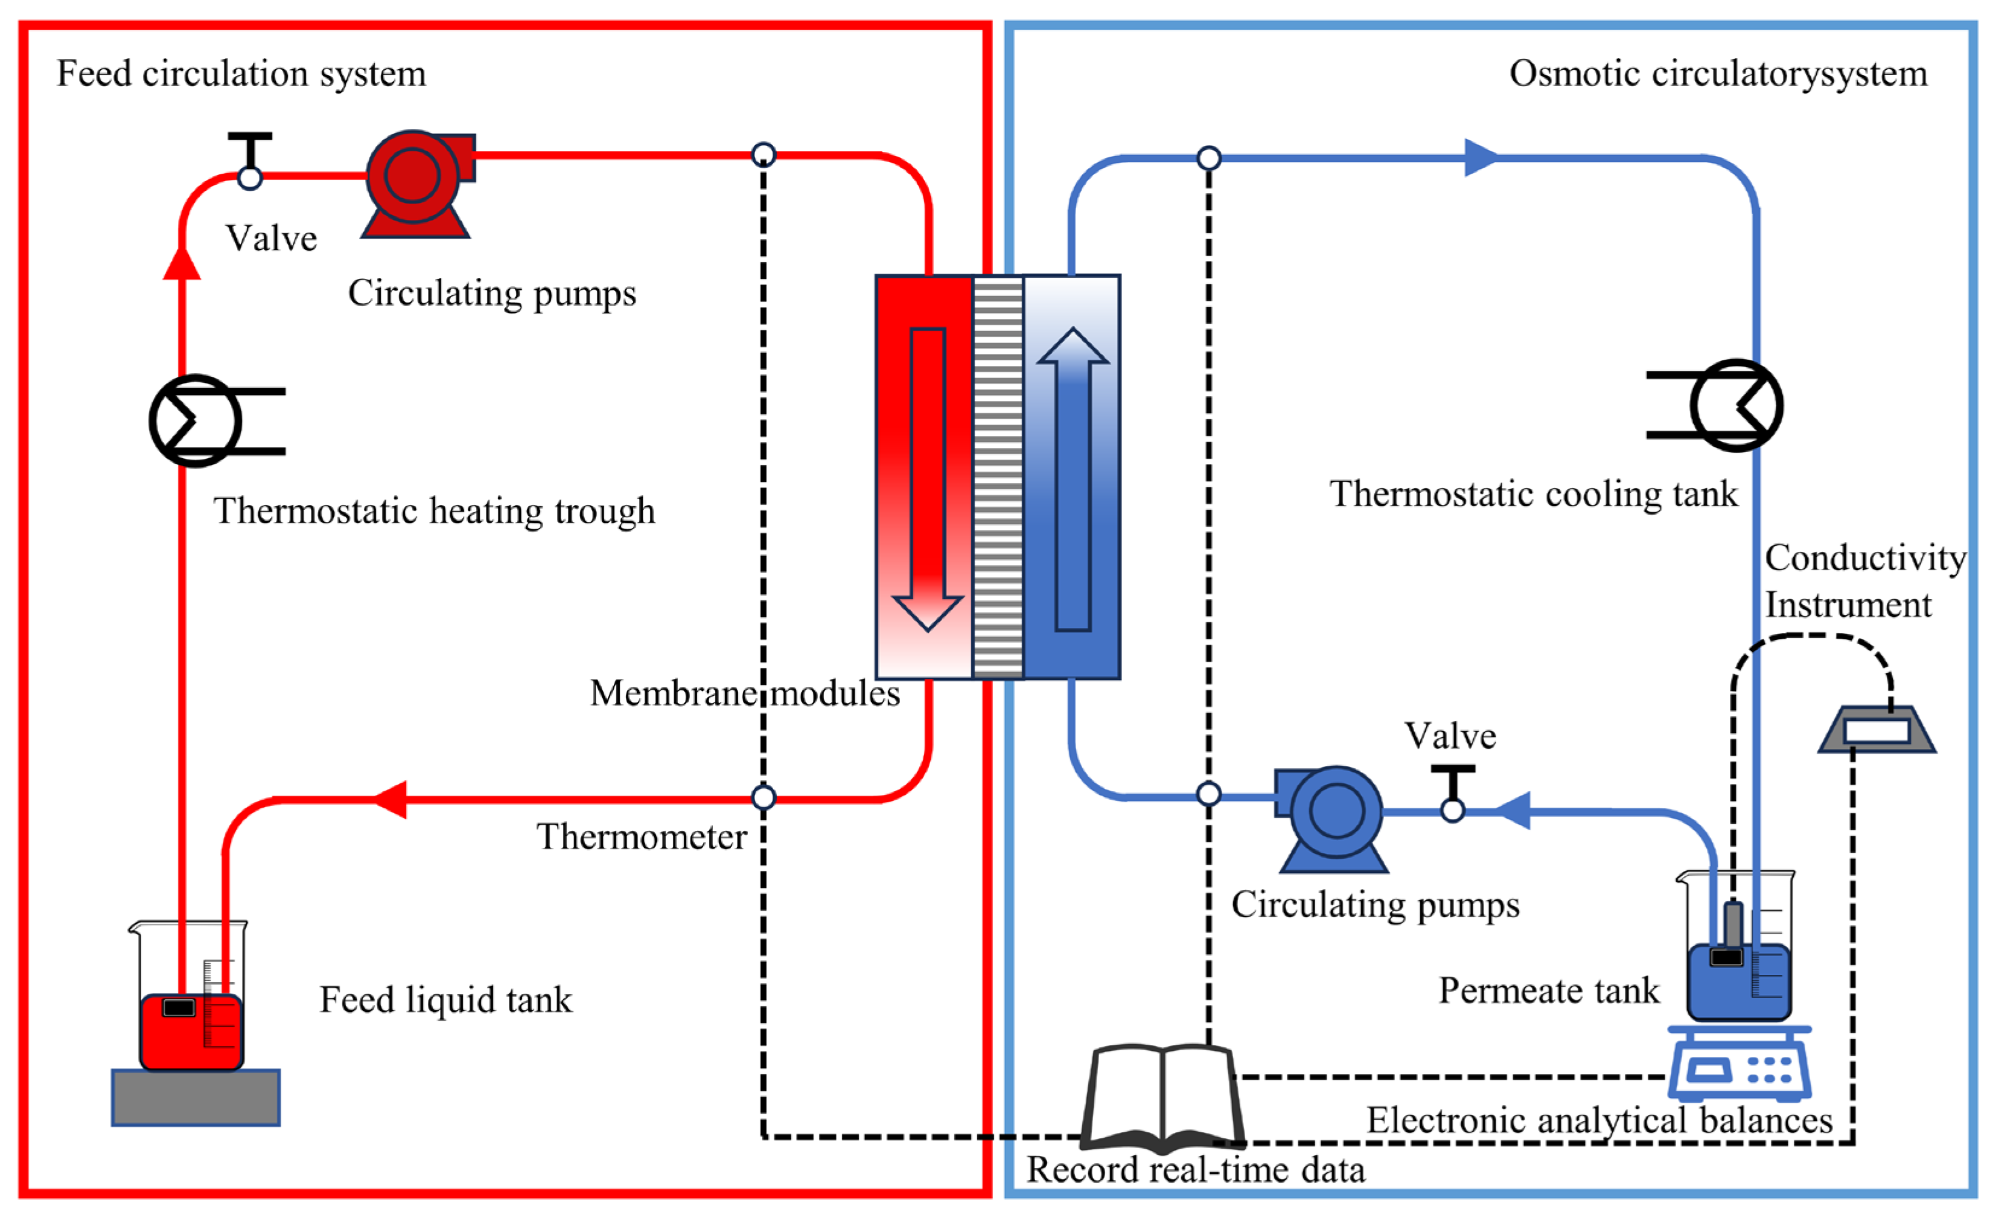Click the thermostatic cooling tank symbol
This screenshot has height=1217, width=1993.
pyautogui.click(x=1736, y=405)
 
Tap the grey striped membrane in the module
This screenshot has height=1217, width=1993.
pyautogui.click(x=998, y=477)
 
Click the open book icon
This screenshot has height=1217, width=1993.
pyautogui.click(x=1162, y=1096)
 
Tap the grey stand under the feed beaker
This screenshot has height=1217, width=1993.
pyautogui.click(x=196, y=1097)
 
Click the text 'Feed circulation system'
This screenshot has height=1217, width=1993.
pyautogui.click(x=241, y=74)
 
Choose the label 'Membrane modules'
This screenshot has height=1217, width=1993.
pyautogui.click(x=744, y=693)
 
